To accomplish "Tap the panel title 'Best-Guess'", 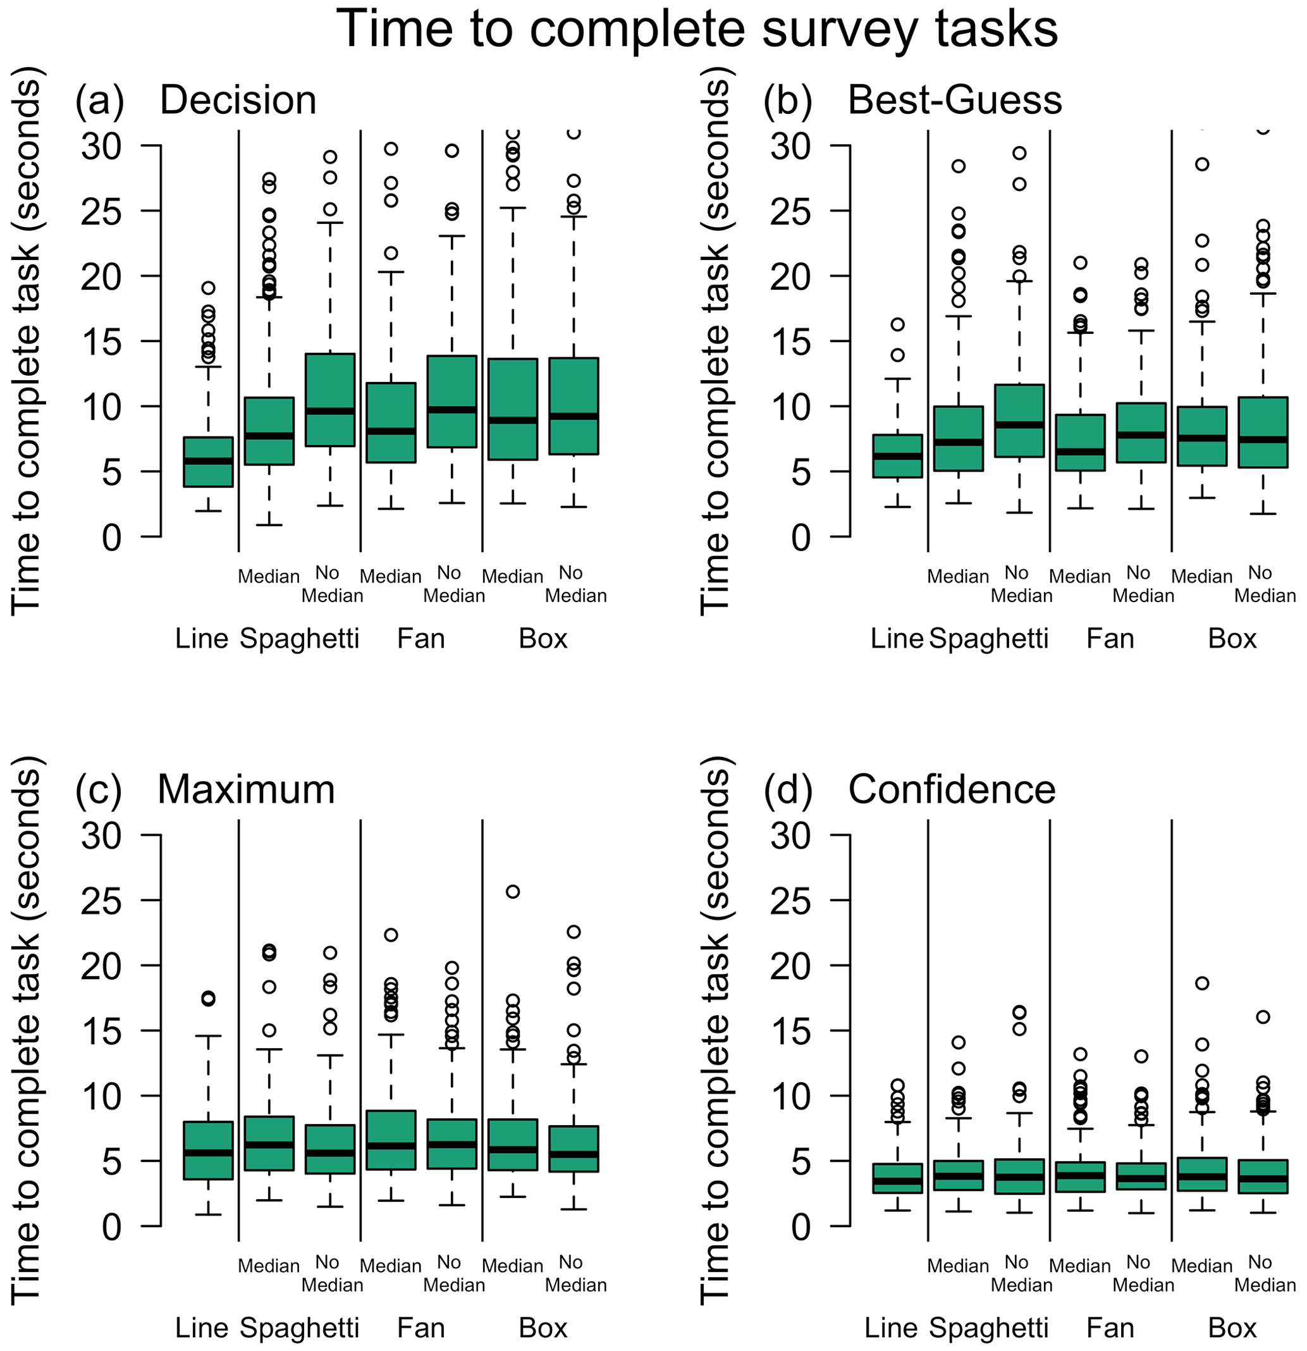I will pyautogui.click(x=954, y=100).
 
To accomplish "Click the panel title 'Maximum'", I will pyautogui.click(x=246, y=789).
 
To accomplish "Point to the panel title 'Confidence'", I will pyautogui.click(x=952, y=789).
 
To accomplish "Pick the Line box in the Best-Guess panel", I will pyautogui.click(x=897, y=455).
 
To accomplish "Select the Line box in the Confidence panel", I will pyautogui.click(x=897, y=1178).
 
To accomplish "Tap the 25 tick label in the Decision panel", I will pyautogui.click(x=102, y=211).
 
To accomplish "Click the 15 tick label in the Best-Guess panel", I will pyautogui.click(x=791, y=341).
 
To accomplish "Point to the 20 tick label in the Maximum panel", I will pyautogui.click(x=102, y=966).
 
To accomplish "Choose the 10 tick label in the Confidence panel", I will pyautogui.click(x=791, y=1096).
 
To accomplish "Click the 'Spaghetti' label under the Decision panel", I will pyautogui.click(x=299, y=639).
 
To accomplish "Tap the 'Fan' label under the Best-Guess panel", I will pyautogui.click(x=1110, y=639).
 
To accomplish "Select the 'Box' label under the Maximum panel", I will pyautogui.click(x=543, y=1328).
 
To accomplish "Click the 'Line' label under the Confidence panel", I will pyautogui.click(x=891, y=1328).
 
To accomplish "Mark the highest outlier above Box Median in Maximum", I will pyautogui.click(x=513, y=892).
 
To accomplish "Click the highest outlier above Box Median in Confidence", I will pyautogui.click(x=1201, y=984).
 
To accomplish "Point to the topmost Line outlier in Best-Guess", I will pyautogui.click(x=897, y=324).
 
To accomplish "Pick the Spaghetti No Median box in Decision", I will pyautogui.click(x=330, y=400).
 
